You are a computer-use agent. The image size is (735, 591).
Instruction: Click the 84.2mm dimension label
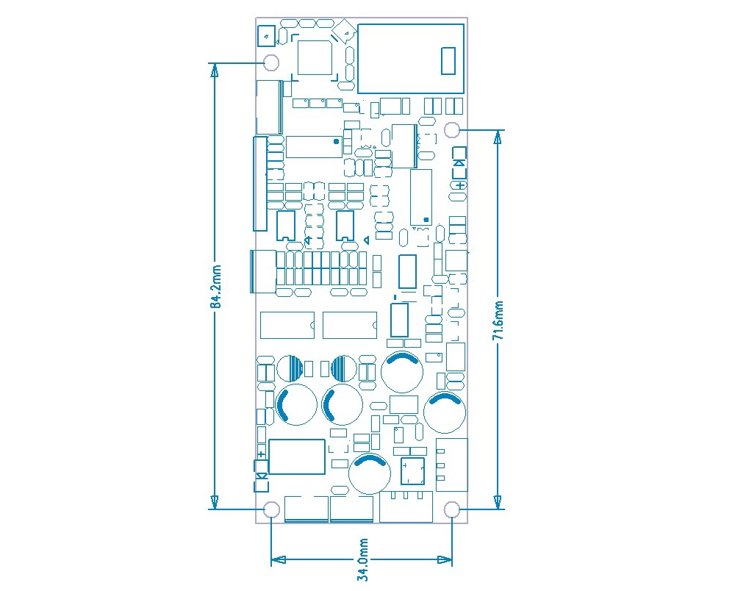click(x=215, y=287)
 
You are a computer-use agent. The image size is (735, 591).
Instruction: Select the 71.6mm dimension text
click(x=499, y=320)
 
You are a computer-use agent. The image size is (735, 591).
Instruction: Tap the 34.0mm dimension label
click(x=363, y=559)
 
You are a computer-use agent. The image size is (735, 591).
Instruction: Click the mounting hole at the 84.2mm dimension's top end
click(x=271, y=62)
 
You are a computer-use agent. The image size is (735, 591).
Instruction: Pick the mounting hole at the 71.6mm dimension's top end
click(x=452, y=130)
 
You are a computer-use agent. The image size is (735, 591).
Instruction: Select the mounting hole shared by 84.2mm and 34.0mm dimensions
click(x=271, y=509)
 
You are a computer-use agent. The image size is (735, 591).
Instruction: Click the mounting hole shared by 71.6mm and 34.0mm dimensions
click(x=452, y=509)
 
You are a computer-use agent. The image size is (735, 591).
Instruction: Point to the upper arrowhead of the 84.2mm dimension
click(x=215, y=69)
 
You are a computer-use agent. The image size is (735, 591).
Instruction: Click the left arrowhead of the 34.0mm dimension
click(x=279, y=559)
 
